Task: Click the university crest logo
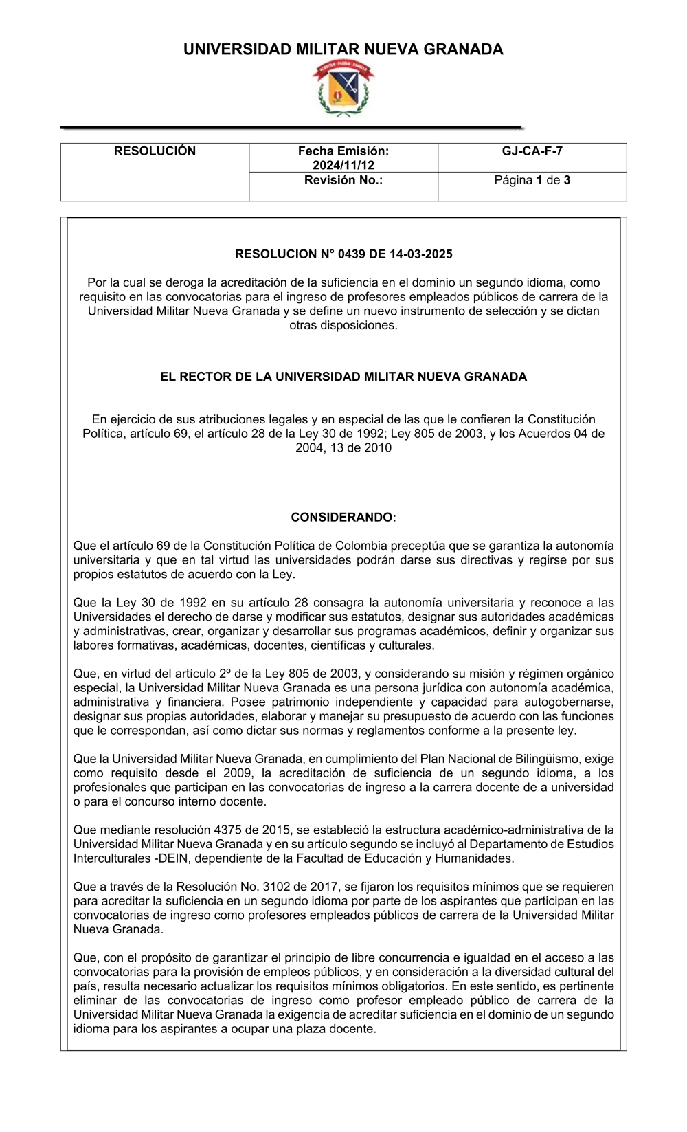pyautogui.click(x=343, y=89)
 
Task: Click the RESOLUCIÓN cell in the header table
pyautogui.click(x=155, y=151)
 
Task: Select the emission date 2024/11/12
pyautogui.click(x=343, y=166)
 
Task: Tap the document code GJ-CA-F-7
pyautogui.click(x=532, y=151)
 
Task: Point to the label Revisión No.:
pyautogui.click(x=343, y=180)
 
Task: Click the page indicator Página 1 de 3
pyautogui.click(x=532, y=180)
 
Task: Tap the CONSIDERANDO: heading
pyautogui.click(x=343, y=518)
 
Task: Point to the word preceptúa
pyautogui.click(x=418, y=546)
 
